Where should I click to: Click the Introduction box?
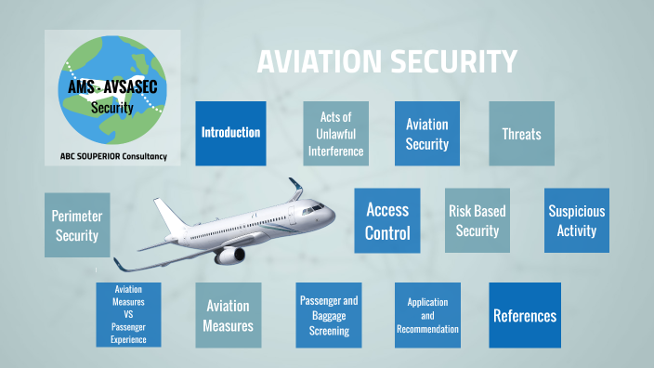230,133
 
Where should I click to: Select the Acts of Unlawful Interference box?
335,133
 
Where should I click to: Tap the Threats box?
521,133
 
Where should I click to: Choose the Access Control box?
387,221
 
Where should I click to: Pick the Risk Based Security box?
477,221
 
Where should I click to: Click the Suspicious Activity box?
576,221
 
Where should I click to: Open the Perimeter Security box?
77,225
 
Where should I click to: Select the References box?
525,315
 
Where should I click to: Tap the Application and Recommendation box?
427,315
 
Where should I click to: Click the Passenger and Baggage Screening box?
329,315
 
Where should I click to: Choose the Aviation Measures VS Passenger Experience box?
128,315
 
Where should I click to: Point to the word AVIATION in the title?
312,62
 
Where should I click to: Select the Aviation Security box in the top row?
427,133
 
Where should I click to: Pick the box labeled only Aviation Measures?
229,315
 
